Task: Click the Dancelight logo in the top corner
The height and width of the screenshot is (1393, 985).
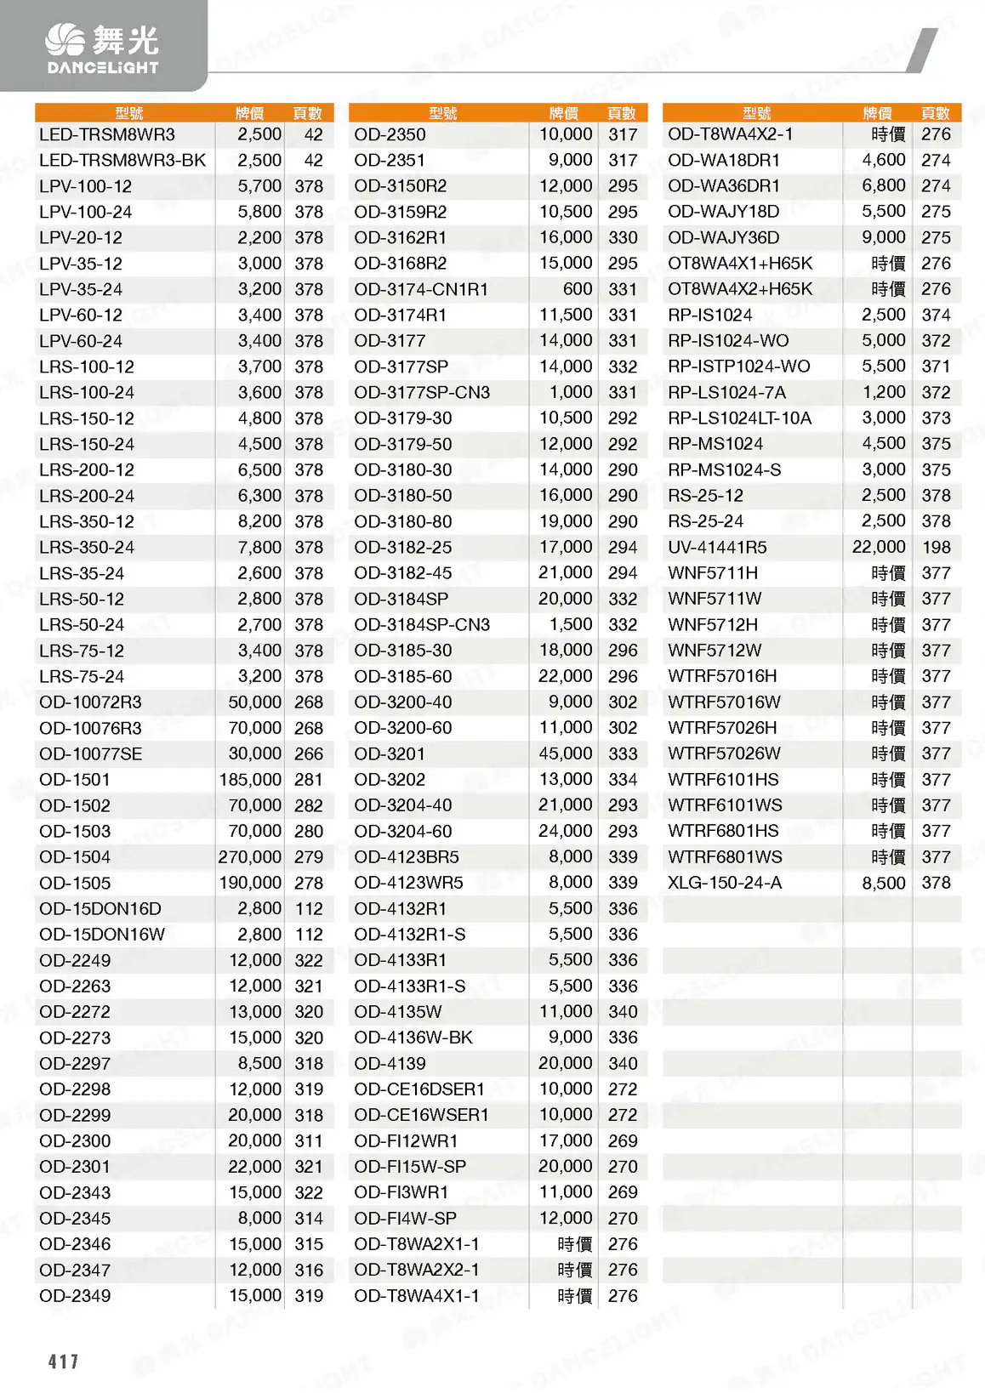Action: pyautogui.click(x=102, y=49)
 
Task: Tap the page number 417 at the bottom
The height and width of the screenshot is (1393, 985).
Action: pyautogui.click(x=64, y=1362)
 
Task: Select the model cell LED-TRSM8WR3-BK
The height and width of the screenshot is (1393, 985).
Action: pyautogui.click(x=122, y=160)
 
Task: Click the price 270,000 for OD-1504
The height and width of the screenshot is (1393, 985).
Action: pyautogui.click(x=250, y=857)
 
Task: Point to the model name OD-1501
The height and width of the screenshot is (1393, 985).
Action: pyautogui.click(x=75, y=780)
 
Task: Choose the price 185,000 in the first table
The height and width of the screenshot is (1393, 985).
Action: pyautogui.click(x=250, y=780)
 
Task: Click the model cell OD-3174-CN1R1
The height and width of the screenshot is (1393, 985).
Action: pyautogui.click(x=421, y=289)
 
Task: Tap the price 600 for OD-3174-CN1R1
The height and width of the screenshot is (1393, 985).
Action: pyautogui.click(x=578, y=289)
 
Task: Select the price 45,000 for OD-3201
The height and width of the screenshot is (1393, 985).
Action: pyautogui.click(x=566, y=753)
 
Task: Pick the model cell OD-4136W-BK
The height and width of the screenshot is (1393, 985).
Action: pyautogui.click(x=413, y=1038)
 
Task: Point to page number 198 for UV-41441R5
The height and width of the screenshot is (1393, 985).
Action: pyautogui.click(x=936, y=548)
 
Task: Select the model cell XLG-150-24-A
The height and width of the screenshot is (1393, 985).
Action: pyautogui.click(x=725, y=883)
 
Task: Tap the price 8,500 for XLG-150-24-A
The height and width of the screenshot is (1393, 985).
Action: pyautogui.click(x=884, y=883)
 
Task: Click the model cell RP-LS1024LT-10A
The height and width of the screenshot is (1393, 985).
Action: pyautogui.click(x=739, y=418)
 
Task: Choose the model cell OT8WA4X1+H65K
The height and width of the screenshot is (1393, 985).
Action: pyautogui.click(x=740, y=264)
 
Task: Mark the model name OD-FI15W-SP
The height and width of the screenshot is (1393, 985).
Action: pyautogui.click(x=410, y=1167)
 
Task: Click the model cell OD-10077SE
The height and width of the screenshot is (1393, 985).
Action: pyautogui.click(x=91, y=754)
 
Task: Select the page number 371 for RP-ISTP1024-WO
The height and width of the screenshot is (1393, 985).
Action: pyautogui.click(x=936, y=367)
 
